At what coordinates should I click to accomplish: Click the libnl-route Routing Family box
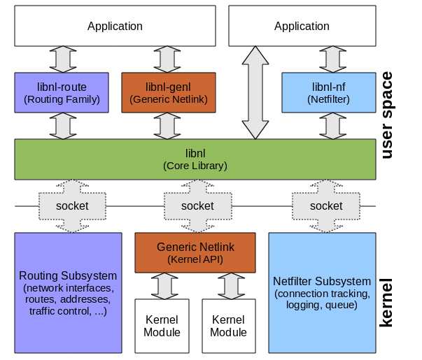point(62,94)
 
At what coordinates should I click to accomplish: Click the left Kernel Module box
point(162,326)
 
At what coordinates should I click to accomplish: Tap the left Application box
point(115,27)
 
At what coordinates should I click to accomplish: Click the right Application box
point(302,27)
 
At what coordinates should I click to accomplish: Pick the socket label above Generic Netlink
point(197,206)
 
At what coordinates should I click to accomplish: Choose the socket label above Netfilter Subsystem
point(325,206)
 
